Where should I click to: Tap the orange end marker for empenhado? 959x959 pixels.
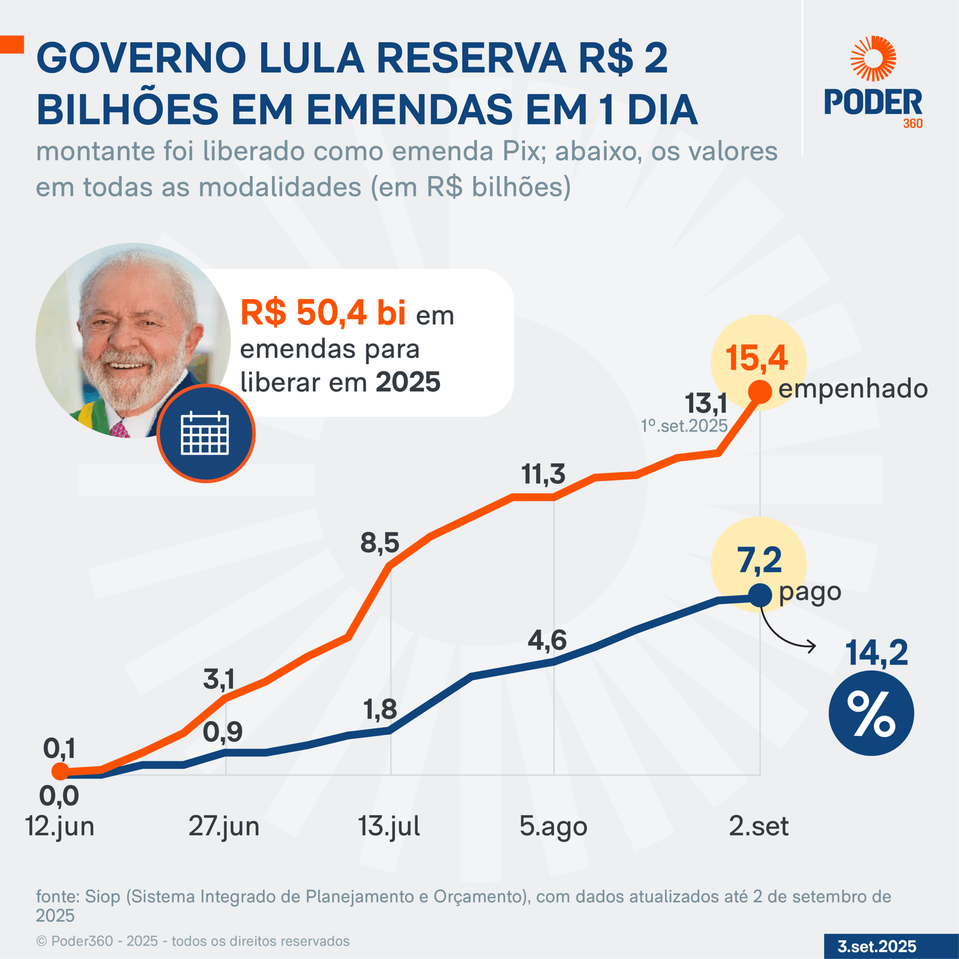click(759, 391)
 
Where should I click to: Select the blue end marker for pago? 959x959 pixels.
click(759, 595)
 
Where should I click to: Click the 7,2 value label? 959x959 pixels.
click(759, 560)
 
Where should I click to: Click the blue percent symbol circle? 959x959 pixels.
click(871, 713)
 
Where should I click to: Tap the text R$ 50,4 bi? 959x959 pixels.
click(323, 313)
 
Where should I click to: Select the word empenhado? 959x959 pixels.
click(853, 389)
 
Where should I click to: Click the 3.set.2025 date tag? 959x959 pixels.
click(877, 946)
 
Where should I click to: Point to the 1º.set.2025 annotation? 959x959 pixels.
click(684, 426)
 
